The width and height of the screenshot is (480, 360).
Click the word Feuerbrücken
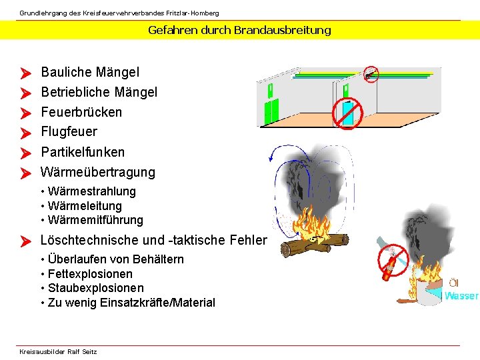(81, 112)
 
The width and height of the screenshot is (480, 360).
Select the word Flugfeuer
(69, 132)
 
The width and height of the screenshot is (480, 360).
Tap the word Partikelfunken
(83, 152)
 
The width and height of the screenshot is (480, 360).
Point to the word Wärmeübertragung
(98, 172)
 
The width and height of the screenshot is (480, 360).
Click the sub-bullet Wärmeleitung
(85, 206)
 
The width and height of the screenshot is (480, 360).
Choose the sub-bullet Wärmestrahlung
(91, 191)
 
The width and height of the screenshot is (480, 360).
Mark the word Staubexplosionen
(95, 288)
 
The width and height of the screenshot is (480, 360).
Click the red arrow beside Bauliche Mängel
(26, 73)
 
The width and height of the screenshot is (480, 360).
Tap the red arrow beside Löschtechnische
(26, 241)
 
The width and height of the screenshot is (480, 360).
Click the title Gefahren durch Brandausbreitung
(239, 30)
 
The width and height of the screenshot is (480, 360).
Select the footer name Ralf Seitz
(82, 352)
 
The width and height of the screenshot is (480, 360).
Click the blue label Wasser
(461, 296)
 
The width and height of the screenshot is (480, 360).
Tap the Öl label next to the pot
(453, 283)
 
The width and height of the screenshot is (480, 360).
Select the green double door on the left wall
(271, 111)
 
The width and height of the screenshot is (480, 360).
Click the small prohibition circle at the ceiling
(371, 73)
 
